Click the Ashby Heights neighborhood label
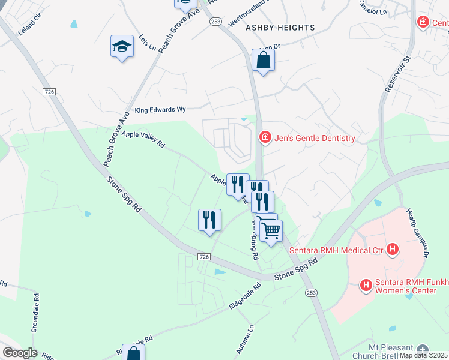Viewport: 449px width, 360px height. click(x=280, y=28)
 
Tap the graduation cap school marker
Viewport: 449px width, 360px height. click(x=122, y=46)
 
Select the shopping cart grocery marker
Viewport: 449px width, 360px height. click(x=271, y=230)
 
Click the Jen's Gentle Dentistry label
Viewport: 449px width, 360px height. click(x=315, y=138)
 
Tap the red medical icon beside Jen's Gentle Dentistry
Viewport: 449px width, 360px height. click(x=264, y=138)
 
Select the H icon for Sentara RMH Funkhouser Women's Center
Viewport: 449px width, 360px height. click(x=366, y=285)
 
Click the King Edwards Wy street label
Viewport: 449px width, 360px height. click(x=160, y=110)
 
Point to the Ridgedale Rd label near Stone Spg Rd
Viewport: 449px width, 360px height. click(x=245, y=296)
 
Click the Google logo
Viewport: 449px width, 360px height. click(x=20, y=353)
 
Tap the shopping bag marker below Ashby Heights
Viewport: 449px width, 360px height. click(x=263, y=61)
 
